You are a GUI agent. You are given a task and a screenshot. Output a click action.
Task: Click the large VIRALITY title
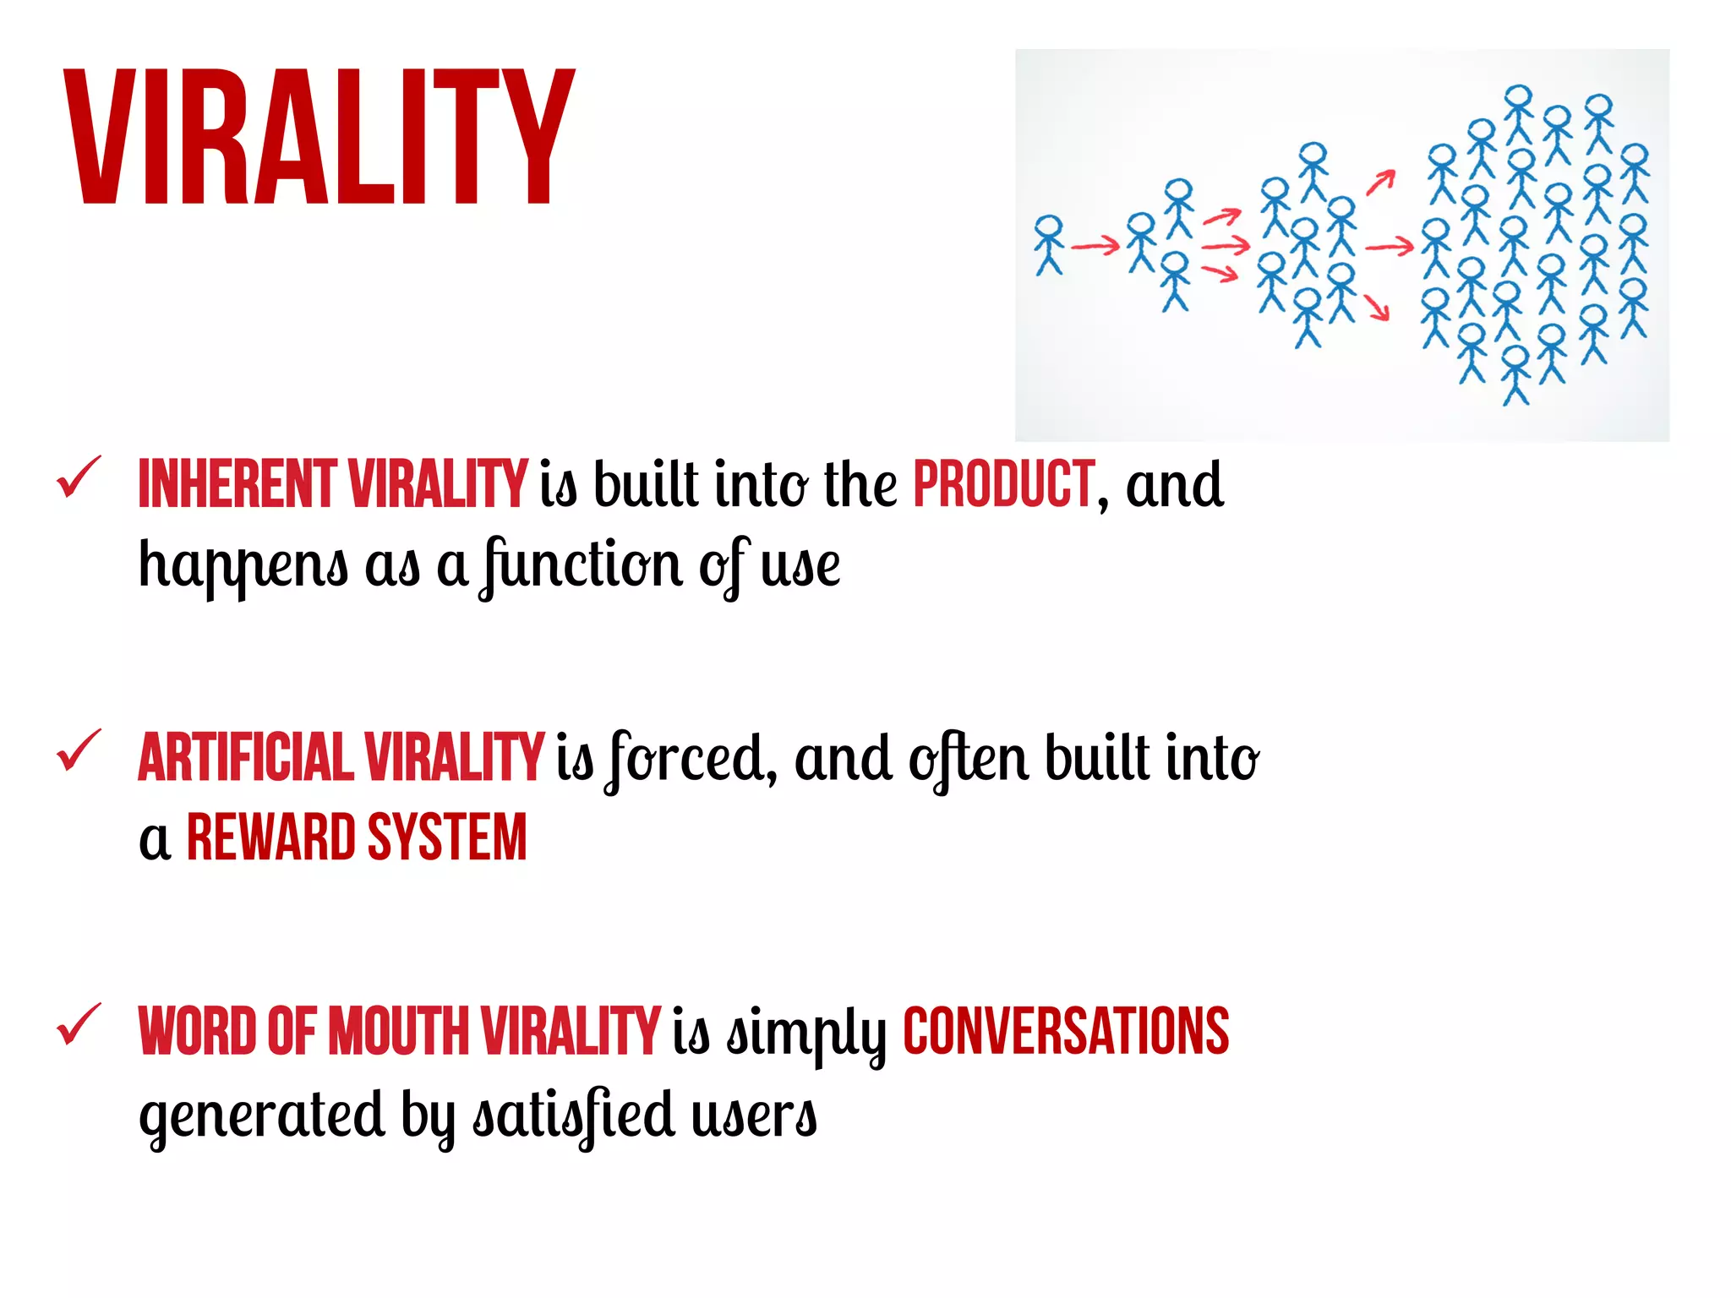[x=319, y=137]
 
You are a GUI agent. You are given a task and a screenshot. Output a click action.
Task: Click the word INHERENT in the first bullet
[x=237, y=484]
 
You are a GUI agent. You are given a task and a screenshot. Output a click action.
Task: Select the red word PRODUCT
[x=1004, y=484]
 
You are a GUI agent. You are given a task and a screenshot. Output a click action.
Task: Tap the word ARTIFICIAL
[x=245, y=757]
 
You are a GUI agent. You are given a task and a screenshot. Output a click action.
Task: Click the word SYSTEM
[x=447, y=837]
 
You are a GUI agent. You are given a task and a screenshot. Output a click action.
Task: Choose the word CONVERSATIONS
[x=1066, y=1031]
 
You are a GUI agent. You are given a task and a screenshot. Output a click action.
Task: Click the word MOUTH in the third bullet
[x=398, y=1031]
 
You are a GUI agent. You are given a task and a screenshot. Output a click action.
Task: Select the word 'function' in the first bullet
[x=582, y=565]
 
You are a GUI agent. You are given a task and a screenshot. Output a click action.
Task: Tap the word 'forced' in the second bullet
[x=691, y=758]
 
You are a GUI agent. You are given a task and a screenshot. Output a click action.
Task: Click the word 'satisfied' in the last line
[x=574, y=1114]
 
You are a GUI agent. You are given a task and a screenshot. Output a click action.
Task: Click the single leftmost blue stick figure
[x=1049, y=244]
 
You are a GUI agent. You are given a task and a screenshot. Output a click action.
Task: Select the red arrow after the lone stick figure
[x=1095, y=247]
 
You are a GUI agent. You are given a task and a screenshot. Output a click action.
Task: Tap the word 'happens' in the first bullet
[x=243, y=565]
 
